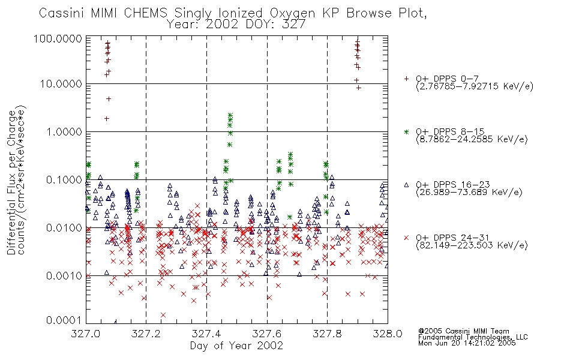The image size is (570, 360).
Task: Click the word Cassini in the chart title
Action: point(61,13)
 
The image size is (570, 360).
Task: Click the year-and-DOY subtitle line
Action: point(236,24)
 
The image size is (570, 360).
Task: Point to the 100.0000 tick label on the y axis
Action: point(58,38)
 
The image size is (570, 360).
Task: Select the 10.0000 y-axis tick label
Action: point(61,84)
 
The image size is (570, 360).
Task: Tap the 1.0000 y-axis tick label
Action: point(64,131)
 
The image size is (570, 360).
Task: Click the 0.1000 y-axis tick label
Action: point(64,179)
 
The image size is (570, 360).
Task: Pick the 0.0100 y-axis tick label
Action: point(64,227)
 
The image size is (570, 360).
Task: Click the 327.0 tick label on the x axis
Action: point(86,334)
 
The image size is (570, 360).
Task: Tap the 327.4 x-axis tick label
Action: point(206,334)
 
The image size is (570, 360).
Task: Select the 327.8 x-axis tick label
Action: point(327,334)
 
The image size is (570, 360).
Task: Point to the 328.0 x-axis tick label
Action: point(388,334)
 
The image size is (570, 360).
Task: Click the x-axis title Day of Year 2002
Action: point(236,346)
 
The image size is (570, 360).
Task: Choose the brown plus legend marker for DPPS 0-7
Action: point(406,79)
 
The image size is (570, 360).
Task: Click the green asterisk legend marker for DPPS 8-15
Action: point(406,131)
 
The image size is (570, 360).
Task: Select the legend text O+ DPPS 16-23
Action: point(453,185)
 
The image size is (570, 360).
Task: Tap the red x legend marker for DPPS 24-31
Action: point(406,238)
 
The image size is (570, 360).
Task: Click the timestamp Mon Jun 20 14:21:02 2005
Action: point(467,343)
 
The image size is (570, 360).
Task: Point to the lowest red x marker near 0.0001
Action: point(163,315)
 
